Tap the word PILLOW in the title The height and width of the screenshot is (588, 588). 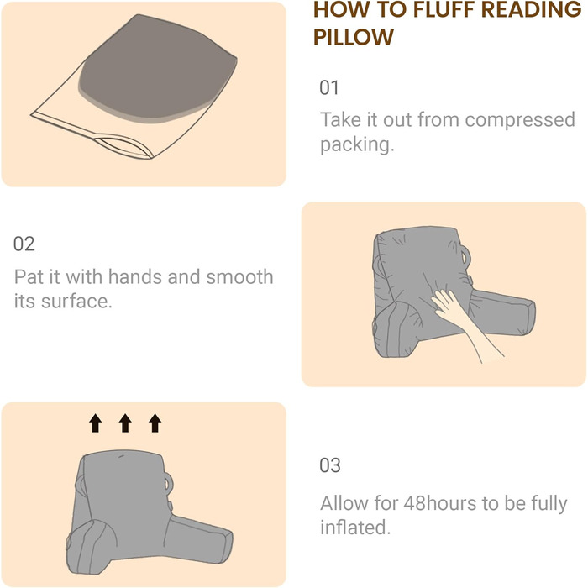354,37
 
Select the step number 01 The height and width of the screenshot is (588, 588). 329,87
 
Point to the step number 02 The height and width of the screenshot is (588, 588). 24,244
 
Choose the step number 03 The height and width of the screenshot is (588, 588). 330,465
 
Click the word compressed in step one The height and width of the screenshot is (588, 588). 520,120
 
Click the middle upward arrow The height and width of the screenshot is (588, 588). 125,423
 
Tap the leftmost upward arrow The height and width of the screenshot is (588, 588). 96,423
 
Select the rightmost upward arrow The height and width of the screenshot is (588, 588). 155,423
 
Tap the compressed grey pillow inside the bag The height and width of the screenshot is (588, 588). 158,70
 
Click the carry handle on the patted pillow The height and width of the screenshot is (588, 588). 465,255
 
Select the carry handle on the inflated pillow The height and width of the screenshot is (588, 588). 168,483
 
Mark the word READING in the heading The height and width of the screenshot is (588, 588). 532,9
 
